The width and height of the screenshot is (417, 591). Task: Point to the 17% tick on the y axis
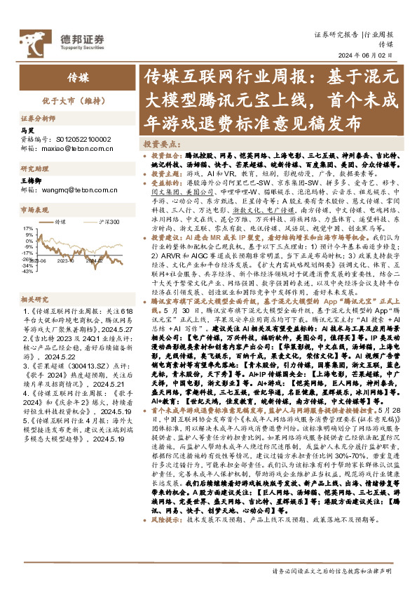coord(28,228)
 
